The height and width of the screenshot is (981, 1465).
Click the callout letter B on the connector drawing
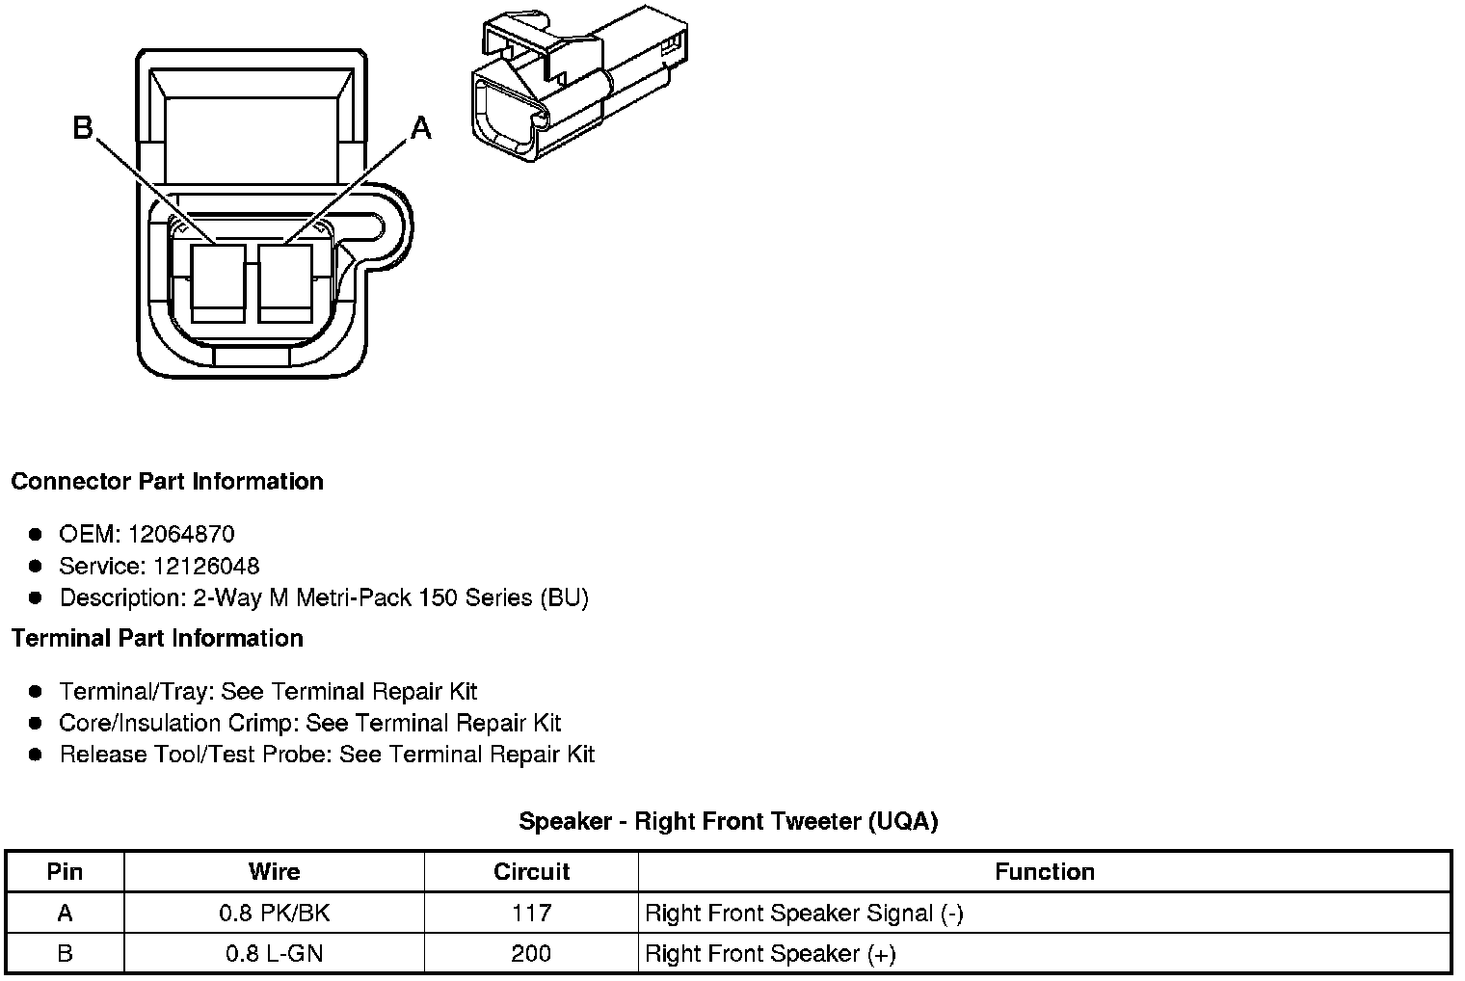tap(84, 127)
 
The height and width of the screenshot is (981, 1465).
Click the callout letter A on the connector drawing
tap(421, 127)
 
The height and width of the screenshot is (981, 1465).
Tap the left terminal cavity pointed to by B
tap(218, 283)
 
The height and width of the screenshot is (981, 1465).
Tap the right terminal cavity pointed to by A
tap(285, 283)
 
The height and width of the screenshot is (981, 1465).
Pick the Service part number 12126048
tap(205, 566)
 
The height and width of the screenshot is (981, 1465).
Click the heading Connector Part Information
tap(167, 481)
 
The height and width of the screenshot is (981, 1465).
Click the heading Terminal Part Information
tap(157, 638)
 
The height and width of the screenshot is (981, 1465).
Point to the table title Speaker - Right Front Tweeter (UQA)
tap(728, 821)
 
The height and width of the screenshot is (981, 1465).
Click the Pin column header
tap(65, 872)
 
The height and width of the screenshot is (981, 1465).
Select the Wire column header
tap(274, 872)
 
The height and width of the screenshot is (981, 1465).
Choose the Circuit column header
tap(531, 872)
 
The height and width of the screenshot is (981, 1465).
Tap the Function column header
tap(1045, 872)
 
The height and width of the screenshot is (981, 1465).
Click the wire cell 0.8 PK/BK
tap(274, 913)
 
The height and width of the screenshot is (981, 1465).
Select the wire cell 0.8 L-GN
tap(274, 953)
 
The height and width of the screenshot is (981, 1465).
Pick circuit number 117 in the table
tap(531, 913)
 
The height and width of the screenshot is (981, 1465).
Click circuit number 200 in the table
tap(531, 953)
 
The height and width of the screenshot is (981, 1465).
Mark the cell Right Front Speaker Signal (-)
tap(804, 913)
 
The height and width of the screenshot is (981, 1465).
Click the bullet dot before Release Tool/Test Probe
tap(36, 755)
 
